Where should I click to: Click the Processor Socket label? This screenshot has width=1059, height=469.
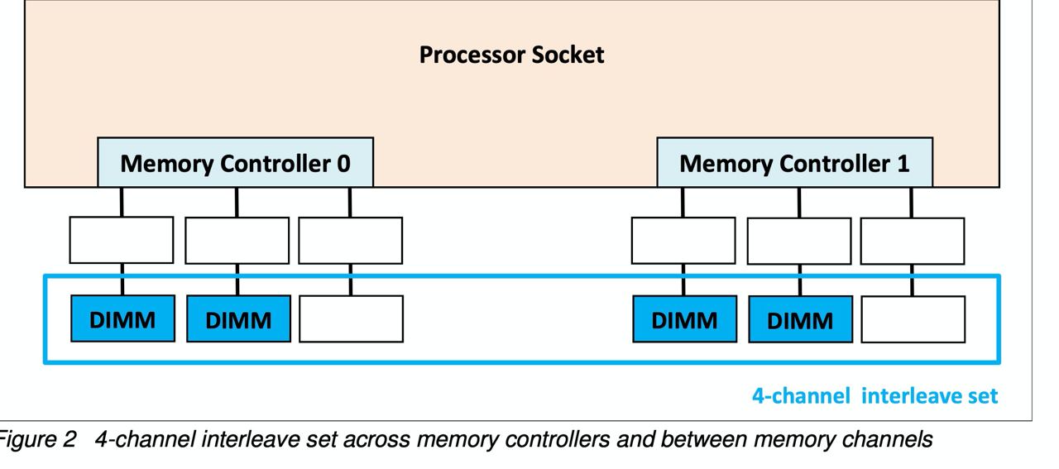point(511,55)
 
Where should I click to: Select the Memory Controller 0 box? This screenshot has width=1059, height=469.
point(236,162)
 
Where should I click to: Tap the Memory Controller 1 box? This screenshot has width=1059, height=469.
point(795,162)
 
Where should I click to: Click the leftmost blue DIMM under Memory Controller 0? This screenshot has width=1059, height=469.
point(123,318)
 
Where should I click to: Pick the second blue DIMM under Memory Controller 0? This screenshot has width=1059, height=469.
point(239,318)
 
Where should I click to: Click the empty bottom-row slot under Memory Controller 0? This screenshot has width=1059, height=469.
point(352,319)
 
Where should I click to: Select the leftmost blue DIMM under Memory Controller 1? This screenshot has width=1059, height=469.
point(684,319)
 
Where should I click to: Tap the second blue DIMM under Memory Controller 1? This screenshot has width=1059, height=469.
point(801,319)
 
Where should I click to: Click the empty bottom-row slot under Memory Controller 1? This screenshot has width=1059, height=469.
point(913,319)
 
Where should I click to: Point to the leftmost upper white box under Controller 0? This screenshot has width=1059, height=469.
point(122,240)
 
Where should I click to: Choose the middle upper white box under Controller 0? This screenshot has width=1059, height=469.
point(237,241)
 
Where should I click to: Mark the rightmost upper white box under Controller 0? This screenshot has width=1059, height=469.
point(351,241)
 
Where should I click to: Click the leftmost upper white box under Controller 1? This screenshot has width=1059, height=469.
point(683,241)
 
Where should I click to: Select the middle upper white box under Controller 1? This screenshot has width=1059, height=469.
point(799,242)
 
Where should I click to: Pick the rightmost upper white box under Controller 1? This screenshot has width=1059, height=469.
point(913,242)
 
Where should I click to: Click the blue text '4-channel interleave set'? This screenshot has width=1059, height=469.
point(875,395)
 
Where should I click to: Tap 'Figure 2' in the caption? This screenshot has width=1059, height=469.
point(37,440)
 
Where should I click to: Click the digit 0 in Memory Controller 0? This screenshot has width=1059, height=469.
point(343,164)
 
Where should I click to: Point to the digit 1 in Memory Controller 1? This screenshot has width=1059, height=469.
point(903,164)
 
